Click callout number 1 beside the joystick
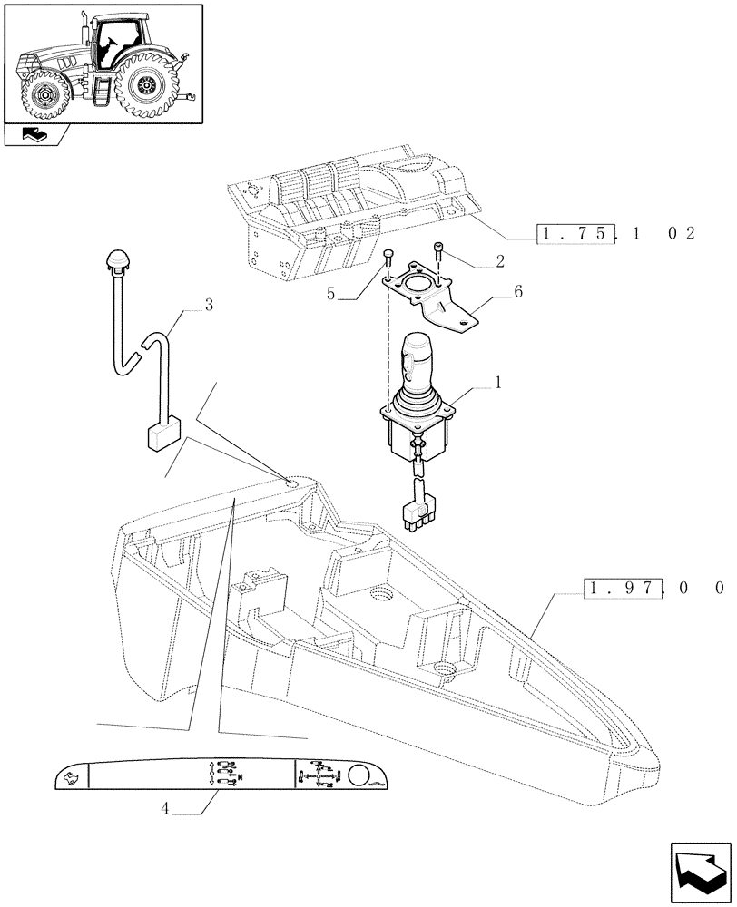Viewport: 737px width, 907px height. pyautogui.click(x=498, y=385)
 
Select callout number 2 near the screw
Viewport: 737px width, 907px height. pyautogui.click(x=498, y=261)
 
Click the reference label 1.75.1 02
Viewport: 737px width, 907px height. pyautogui.click(x=617, y=234)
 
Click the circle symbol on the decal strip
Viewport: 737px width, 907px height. pyautogui.click(x=359, y=775)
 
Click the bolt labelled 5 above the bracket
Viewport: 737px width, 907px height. pyautogui.click(x=388, y=256)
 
